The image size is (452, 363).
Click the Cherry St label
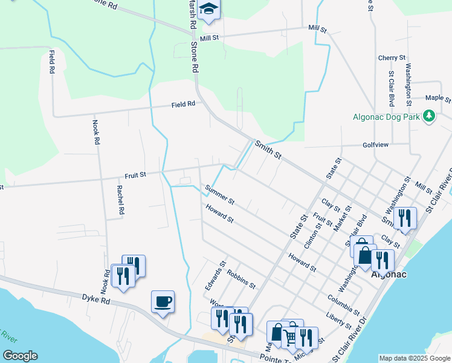392,58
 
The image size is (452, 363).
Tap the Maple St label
438,97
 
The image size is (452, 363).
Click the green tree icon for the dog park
429,115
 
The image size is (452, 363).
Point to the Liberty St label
338,320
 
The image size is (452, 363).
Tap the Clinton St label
312,235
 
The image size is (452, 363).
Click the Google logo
20,356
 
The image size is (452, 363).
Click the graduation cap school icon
208,8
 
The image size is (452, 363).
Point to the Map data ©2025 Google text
414,358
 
